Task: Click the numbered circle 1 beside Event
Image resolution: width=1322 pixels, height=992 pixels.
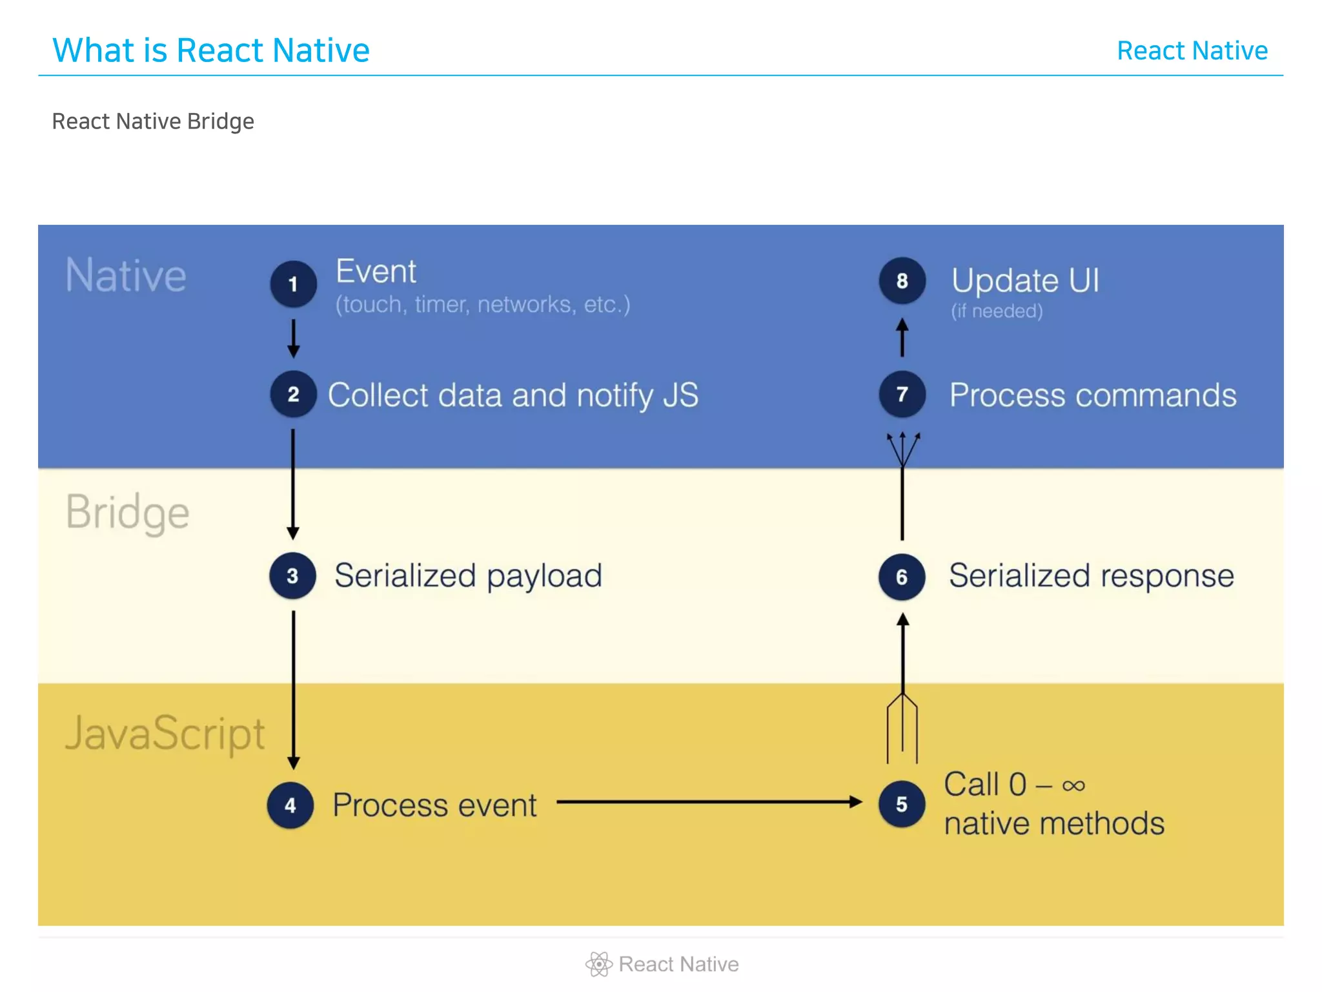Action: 293,284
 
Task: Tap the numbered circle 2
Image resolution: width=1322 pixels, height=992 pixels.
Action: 293,394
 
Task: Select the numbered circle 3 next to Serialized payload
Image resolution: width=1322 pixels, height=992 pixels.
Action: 292,575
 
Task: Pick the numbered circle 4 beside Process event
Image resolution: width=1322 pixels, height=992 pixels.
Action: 290,805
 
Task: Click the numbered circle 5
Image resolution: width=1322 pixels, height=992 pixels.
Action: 902,804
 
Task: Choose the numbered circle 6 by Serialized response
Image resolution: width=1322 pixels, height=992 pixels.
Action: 902,576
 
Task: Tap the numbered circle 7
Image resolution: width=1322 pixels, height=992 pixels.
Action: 902,394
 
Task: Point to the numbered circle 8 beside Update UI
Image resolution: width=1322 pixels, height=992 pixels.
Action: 902,281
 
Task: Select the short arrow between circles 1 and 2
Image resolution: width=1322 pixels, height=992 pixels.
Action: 293,338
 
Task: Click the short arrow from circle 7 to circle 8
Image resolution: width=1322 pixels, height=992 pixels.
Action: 902,337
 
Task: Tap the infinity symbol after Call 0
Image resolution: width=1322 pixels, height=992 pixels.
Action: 1073,786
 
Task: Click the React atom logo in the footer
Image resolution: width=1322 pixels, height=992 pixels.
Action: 598,964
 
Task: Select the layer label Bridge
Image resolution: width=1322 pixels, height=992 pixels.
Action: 127,512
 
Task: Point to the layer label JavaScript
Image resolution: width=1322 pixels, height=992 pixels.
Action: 165,734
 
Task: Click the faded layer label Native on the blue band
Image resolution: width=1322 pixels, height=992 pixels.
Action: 126,276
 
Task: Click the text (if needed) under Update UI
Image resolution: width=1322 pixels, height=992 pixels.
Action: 997,311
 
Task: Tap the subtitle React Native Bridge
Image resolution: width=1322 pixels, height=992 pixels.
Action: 153,121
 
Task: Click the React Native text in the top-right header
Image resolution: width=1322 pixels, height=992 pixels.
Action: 1192,50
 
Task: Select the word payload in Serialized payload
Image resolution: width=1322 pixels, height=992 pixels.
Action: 544,576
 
